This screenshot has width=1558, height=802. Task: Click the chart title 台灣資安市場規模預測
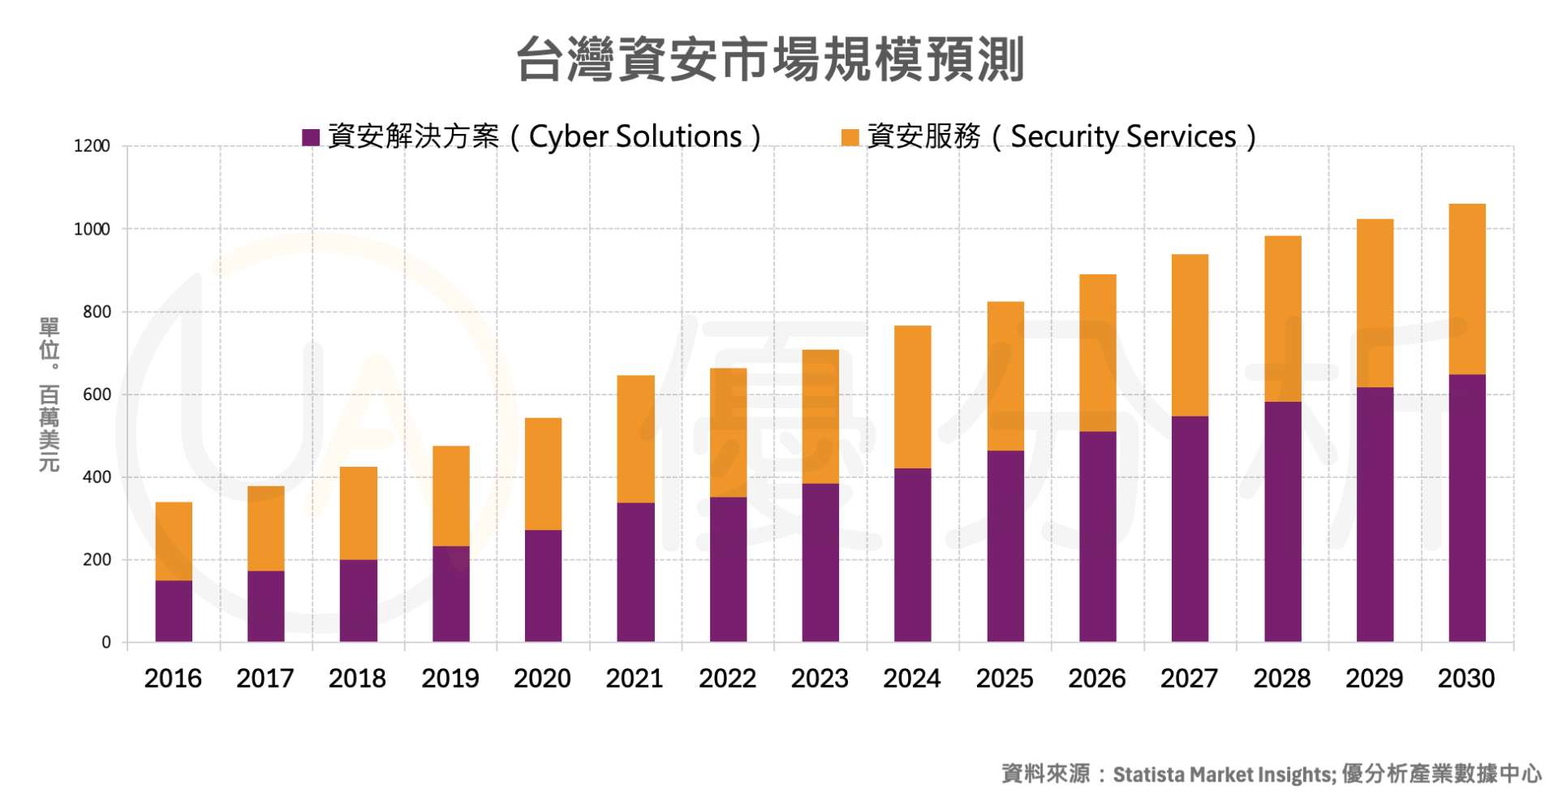coord(770,59)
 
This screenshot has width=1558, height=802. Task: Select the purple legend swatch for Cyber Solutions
coord(310,137)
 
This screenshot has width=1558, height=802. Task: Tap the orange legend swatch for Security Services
coord(850,137)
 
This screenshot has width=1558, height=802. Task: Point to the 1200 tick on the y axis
coord(92,146)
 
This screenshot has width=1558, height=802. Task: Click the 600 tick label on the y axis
coord(97,395)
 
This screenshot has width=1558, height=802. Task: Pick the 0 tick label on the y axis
coord(106,642)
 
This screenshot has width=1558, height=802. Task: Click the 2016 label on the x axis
coord(173,679)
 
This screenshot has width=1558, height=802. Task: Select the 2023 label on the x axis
coord(820,679)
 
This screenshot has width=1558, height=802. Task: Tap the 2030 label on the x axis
coord(1465,679)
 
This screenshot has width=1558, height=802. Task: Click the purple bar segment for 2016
coord(174,611)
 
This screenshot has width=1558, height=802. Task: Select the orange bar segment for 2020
coord(543,474)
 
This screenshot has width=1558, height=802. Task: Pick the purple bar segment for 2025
coord(1005,546)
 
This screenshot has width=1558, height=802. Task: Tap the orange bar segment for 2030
coord(1466,289)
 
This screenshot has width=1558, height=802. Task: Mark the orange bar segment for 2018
coord(358,513)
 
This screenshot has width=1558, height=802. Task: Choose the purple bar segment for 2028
coord(1282,522)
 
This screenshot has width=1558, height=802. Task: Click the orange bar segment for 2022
coord(728,433)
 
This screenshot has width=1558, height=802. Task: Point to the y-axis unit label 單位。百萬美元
coord(49,395)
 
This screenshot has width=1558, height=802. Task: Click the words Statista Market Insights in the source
coord(1223,774)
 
